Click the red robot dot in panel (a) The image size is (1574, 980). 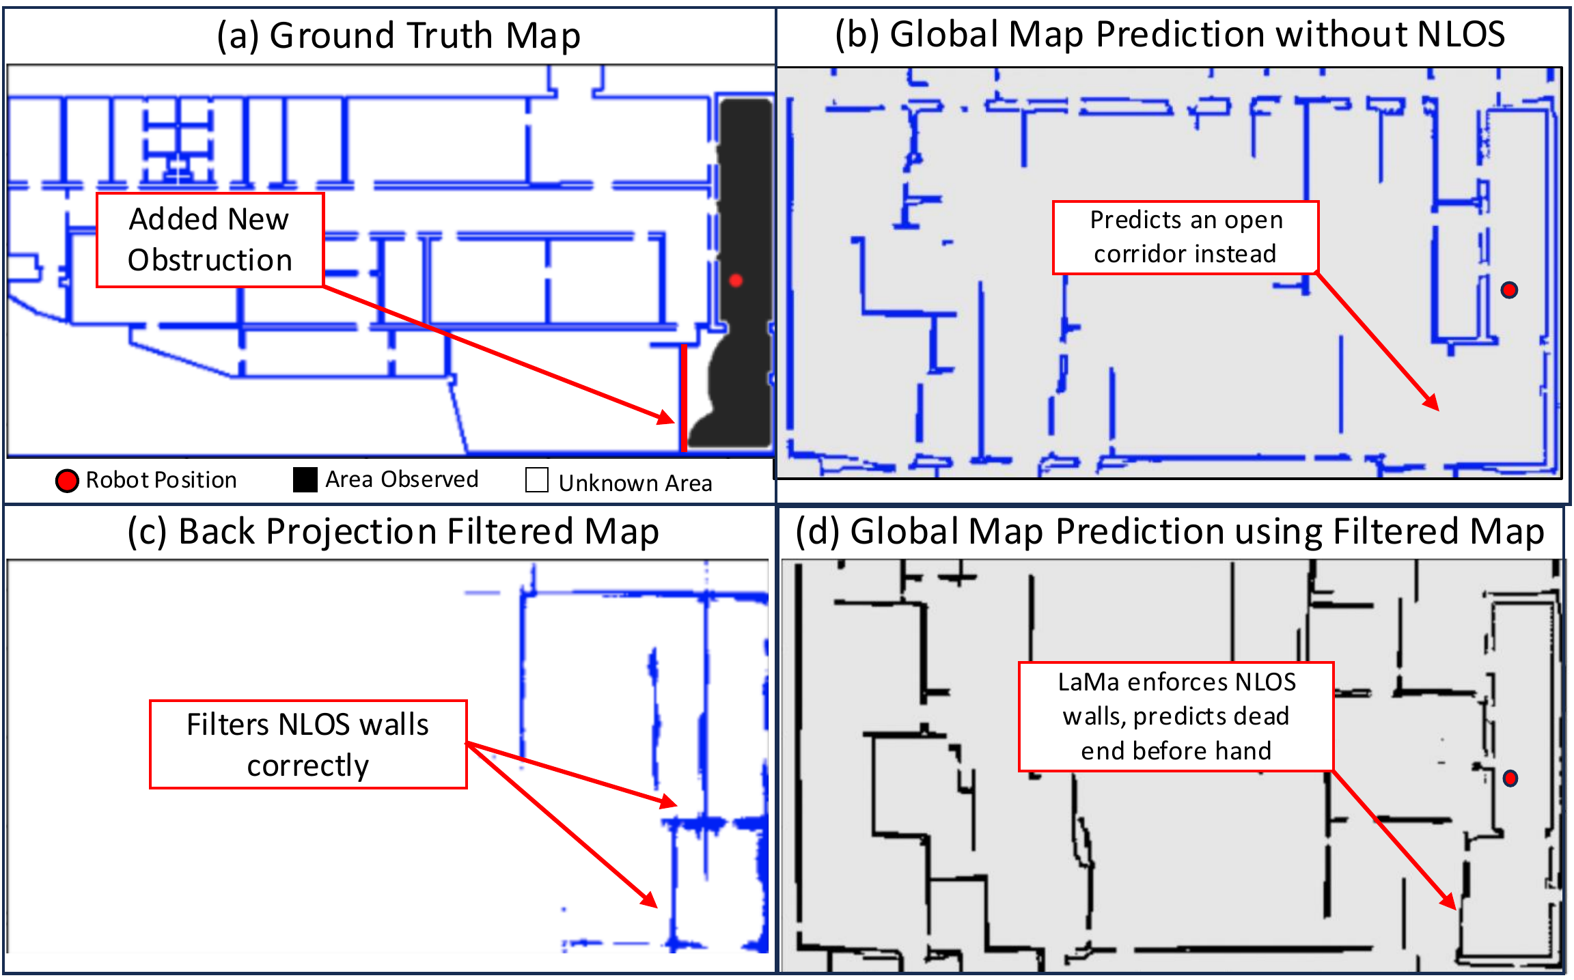(736, 280)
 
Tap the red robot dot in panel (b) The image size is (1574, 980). (1509, 290)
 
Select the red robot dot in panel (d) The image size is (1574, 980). (1510, 778)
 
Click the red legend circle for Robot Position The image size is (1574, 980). (67, 481)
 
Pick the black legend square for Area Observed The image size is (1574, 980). (305, 479)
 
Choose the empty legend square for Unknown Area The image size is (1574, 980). (537, 480)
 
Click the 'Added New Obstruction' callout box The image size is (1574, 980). (210, 240)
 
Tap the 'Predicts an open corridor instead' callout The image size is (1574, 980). (1185, 238)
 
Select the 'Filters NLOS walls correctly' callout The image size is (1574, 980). (308, 744)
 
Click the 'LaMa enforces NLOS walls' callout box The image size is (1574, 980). (1176, 716)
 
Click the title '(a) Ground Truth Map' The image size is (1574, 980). (398, 36)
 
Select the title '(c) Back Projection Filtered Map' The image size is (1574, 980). (393, 532)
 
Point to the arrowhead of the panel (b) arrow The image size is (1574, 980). (1433, 404)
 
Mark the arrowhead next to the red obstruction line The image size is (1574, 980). (667, 417)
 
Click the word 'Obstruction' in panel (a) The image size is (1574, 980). (210, 260)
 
